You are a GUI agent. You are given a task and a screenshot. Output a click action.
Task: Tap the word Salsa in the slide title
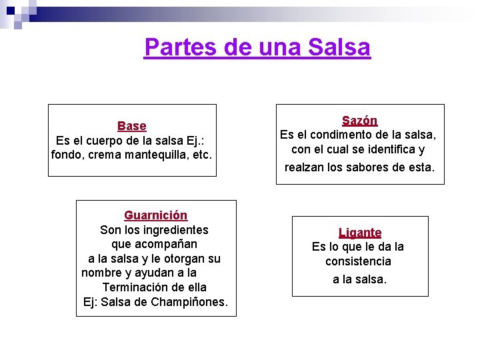coord(339,47)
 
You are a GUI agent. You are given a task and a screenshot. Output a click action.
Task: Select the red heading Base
coord(132,126)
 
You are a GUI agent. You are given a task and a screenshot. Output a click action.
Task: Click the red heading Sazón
coord(359,121)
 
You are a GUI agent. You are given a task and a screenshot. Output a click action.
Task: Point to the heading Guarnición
coord(155,215)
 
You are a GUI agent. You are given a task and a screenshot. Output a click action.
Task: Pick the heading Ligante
coord(360,233)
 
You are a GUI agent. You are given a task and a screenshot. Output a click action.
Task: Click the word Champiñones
coord(189,302)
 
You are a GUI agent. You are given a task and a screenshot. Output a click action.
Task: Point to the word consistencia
coord(358,261)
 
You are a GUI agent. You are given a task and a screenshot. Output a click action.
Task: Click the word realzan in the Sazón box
coord(304,167)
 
